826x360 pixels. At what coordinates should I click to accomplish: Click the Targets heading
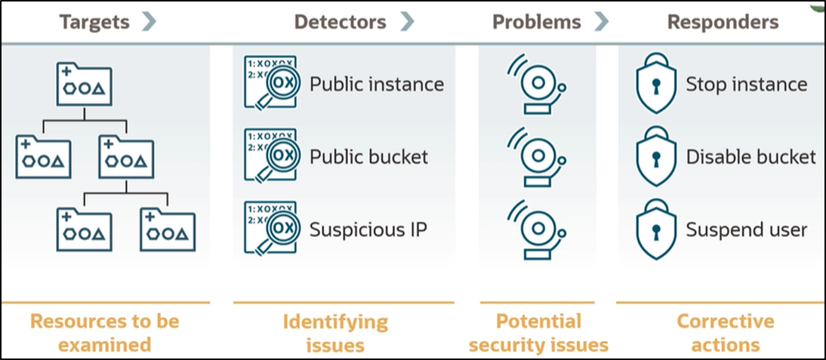(96, 22)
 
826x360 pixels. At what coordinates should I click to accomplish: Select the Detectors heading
(341, 22)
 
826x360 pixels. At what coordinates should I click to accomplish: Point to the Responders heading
(723, 22)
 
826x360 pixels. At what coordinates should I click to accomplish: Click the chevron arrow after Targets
(149, 22)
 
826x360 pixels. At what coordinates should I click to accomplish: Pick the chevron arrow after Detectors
(408, 22)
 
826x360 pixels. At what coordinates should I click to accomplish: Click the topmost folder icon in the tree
(84, 85)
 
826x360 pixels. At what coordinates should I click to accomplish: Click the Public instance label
(377, 84)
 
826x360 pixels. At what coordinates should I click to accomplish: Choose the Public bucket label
(368, 157)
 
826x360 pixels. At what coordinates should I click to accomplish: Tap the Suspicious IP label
(368, 229)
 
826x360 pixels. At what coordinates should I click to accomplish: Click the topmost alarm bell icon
(537, 85)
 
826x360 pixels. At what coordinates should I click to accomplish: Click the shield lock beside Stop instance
(655, 85)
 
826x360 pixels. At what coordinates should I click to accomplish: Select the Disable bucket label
(750, 157)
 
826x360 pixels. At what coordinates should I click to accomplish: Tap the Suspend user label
(746, 229)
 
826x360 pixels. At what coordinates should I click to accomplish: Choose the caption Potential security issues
(538, 333)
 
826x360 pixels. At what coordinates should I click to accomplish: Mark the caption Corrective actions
(725, 333)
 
